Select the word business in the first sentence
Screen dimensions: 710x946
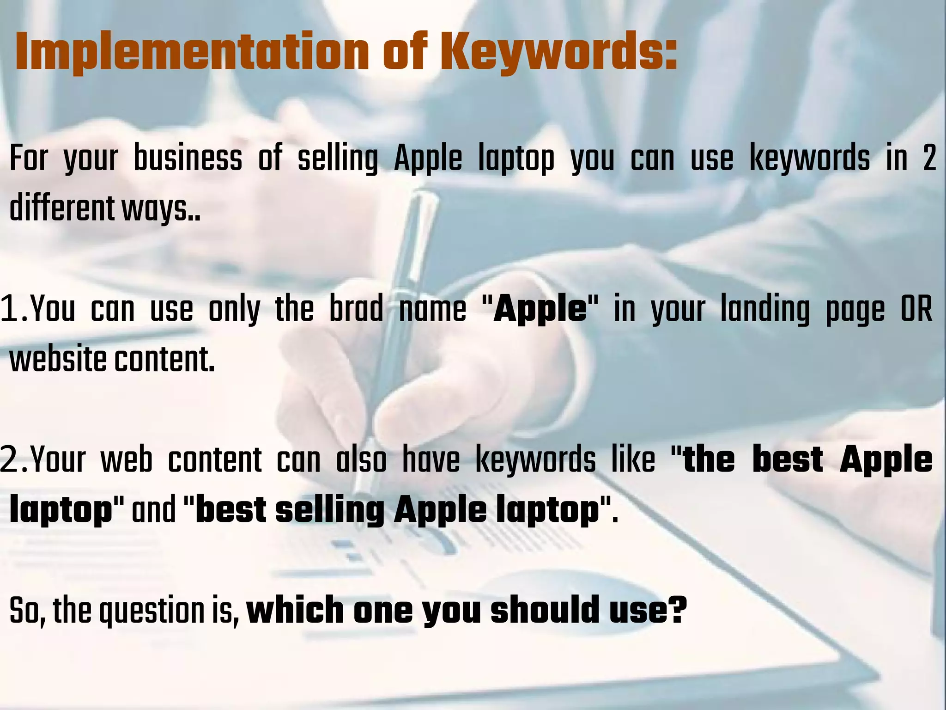(x=188, y=158)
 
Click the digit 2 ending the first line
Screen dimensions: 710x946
(x=929, y=158)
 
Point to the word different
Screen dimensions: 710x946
(x=61, y=208)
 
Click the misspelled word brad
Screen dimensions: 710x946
(x=356, y=309)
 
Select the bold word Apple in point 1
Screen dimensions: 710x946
(x=540, y=309)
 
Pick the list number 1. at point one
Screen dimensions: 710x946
(x=14, y=309)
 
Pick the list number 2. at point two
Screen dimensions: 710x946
(x=14, y=459)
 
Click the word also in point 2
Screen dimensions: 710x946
(x=361, y=459)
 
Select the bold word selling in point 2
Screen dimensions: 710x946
(x=330, y=510)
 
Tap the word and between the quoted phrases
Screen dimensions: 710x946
(x=153, y=510)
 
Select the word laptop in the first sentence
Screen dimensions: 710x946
(x=516, y=158)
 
